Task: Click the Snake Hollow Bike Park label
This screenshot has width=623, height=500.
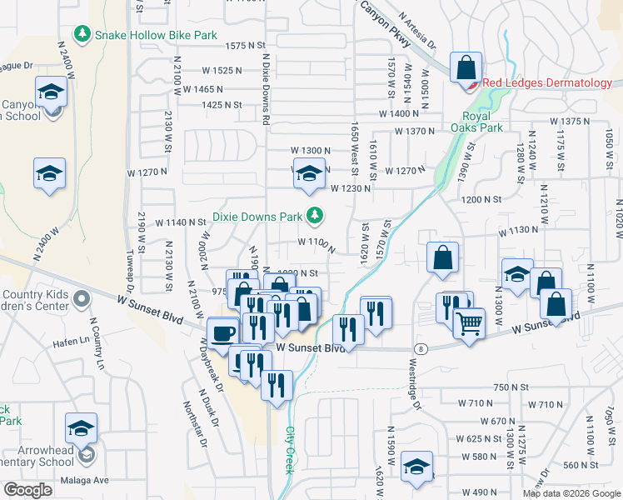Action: click(155, 35)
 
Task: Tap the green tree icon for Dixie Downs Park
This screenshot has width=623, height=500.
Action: click(315, 216)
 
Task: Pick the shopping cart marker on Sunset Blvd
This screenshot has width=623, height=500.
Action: click(470, 322)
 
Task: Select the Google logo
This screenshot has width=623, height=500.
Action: click(27, 490)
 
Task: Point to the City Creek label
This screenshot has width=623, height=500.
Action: click(290, 451)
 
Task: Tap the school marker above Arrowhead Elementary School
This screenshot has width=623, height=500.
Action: click(81, 428)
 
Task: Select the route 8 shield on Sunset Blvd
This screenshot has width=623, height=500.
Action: click(422, 348)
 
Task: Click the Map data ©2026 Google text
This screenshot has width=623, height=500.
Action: click(571, 493)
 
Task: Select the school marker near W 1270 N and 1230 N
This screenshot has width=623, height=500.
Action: click(309, 174)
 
